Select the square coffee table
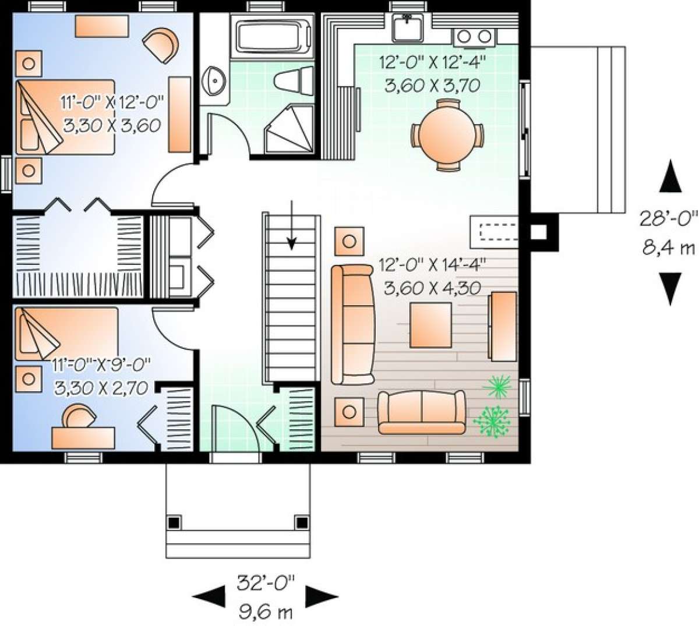[x=430, y=325]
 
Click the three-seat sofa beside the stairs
[x=352, y=324]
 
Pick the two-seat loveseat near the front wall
[x=422, y=412]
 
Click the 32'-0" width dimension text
[x=266, y=581]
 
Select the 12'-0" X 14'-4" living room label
[x=432, y=266]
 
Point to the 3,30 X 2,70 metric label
[x=100, y=388]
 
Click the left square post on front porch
[x=174, y=521]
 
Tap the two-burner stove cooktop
[x=474, y=37]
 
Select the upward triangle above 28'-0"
[x=670, y=178]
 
